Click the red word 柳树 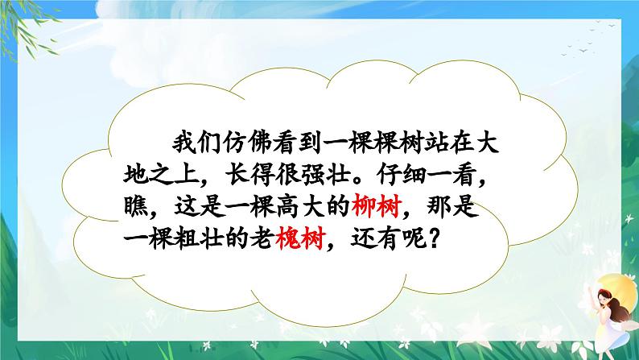tap(377, 206)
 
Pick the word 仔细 tap(402, 175)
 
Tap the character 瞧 tap(136, 206)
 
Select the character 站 tap(435, 143)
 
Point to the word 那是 tap(452, 206)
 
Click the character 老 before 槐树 tap(262, 238)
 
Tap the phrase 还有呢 tap(389, 238)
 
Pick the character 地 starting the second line tap(136, 175)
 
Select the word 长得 tap(249, 175)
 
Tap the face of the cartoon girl tap(602, 297)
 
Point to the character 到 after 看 tap(310, 143)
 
